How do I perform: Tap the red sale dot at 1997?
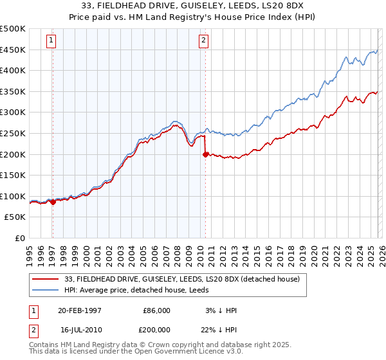(53, 202)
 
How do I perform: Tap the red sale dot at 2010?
(205, 154)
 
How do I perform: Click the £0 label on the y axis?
(20, 239)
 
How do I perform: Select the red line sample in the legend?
(46, 278)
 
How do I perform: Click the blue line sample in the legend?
(46, 290)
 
